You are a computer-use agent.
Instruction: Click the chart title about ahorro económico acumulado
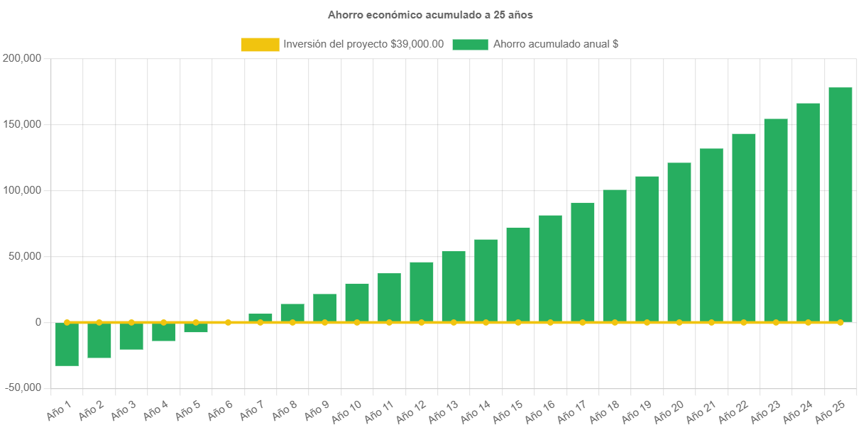click(x=430, y=14)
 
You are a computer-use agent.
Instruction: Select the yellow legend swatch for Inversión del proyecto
click(x=260, y=45)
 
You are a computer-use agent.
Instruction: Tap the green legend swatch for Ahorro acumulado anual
click(x=470, y=45)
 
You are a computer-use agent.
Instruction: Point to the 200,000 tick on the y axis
click(x=22, y=58)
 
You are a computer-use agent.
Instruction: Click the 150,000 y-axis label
click(x=22, y=124)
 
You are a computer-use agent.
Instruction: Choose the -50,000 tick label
click(x=22, y=387)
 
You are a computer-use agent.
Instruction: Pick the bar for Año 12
click(x=422, y=292)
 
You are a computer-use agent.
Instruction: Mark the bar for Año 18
click(x=615, y=255)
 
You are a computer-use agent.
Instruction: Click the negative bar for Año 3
click(x=131, y=336)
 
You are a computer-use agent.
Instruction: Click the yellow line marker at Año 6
click(x=228, y=322)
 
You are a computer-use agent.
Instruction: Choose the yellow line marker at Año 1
click(x=67, y=322)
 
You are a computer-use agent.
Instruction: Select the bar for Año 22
click(x=743, y=228)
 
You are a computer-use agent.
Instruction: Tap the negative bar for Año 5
click(x=196, y=327)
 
